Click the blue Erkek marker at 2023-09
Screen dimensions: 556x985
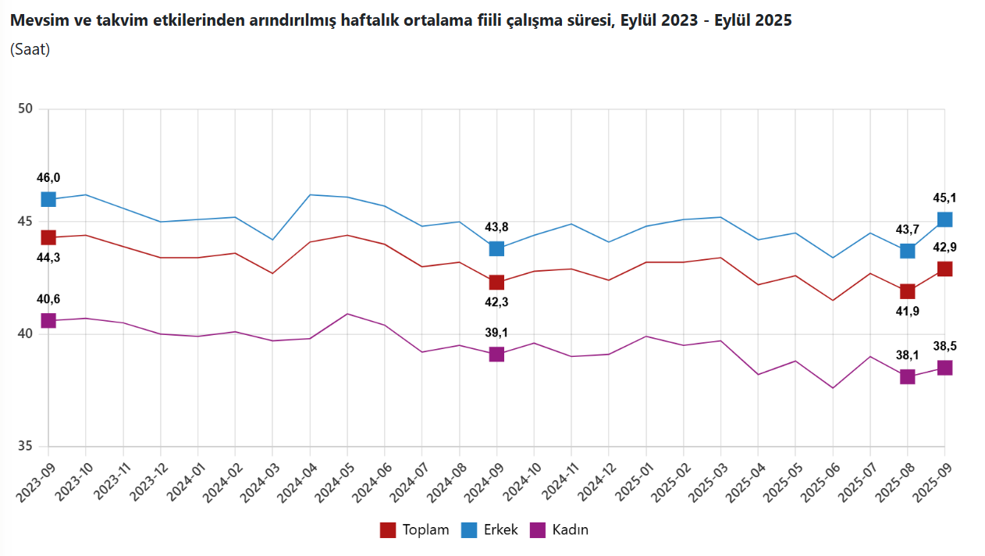tap(48, 199)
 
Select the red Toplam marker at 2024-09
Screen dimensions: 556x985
tap(496, 283)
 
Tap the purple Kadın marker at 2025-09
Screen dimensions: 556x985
tap(944, 368)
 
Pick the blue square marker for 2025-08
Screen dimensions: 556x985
tap(907, 251)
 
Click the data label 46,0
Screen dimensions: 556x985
tap(48, 178)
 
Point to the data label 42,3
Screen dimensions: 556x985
tap(496, 302)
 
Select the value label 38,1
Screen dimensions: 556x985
tap(907, 355)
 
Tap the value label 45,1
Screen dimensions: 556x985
tap(944, 198)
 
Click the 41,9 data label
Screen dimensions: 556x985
tap(907, 311)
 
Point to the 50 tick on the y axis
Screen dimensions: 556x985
tap(25, 109)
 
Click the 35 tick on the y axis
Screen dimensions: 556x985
tap(25, 447)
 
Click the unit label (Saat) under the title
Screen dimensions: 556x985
tap(30, 49)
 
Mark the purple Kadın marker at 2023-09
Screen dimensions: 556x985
tap(48, 321)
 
